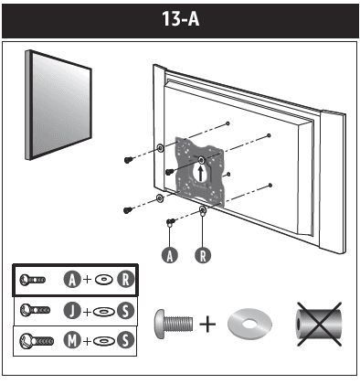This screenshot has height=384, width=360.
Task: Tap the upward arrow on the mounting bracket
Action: pos(202,169)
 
